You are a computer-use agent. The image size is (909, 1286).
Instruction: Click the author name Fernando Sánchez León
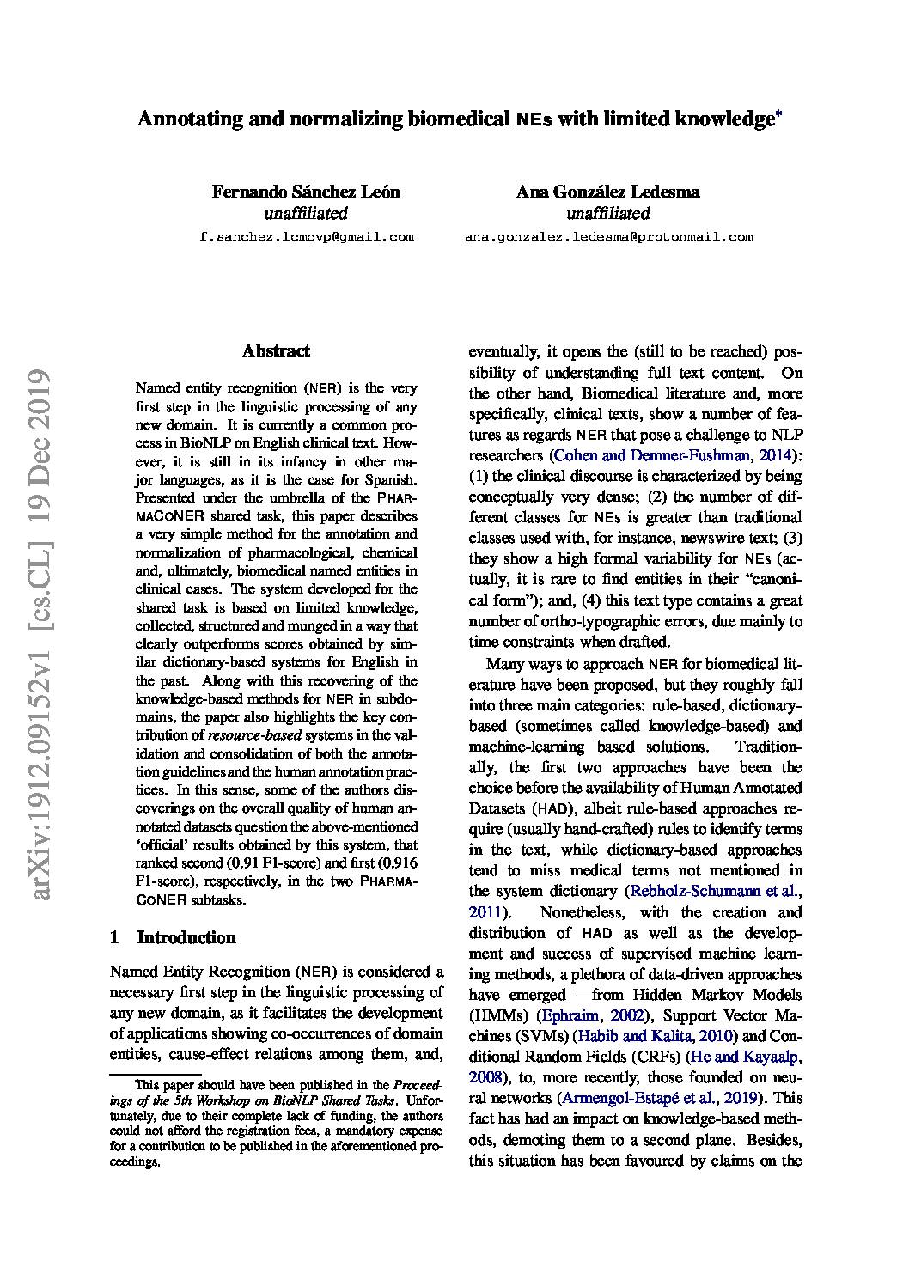pos(306,192)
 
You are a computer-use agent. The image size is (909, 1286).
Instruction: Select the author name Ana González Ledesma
pos(607,192)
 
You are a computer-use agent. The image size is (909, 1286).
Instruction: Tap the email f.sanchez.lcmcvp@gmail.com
pos(306,236)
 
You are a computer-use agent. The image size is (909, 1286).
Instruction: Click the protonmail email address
pos(608,236)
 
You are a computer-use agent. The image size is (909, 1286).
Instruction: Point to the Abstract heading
pos(276,350)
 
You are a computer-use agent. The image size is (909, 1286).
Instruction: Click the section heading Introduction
pos(186,937)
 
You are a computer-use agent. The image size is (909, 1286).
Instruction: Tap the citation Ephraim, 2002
pos(577,1015)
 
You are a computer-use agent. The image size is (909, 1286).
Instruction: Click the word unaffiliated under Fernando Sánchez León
pos(306,213)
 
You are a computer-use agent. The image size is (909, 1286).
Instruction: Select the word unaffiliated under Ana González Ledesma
pos(607,213)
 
